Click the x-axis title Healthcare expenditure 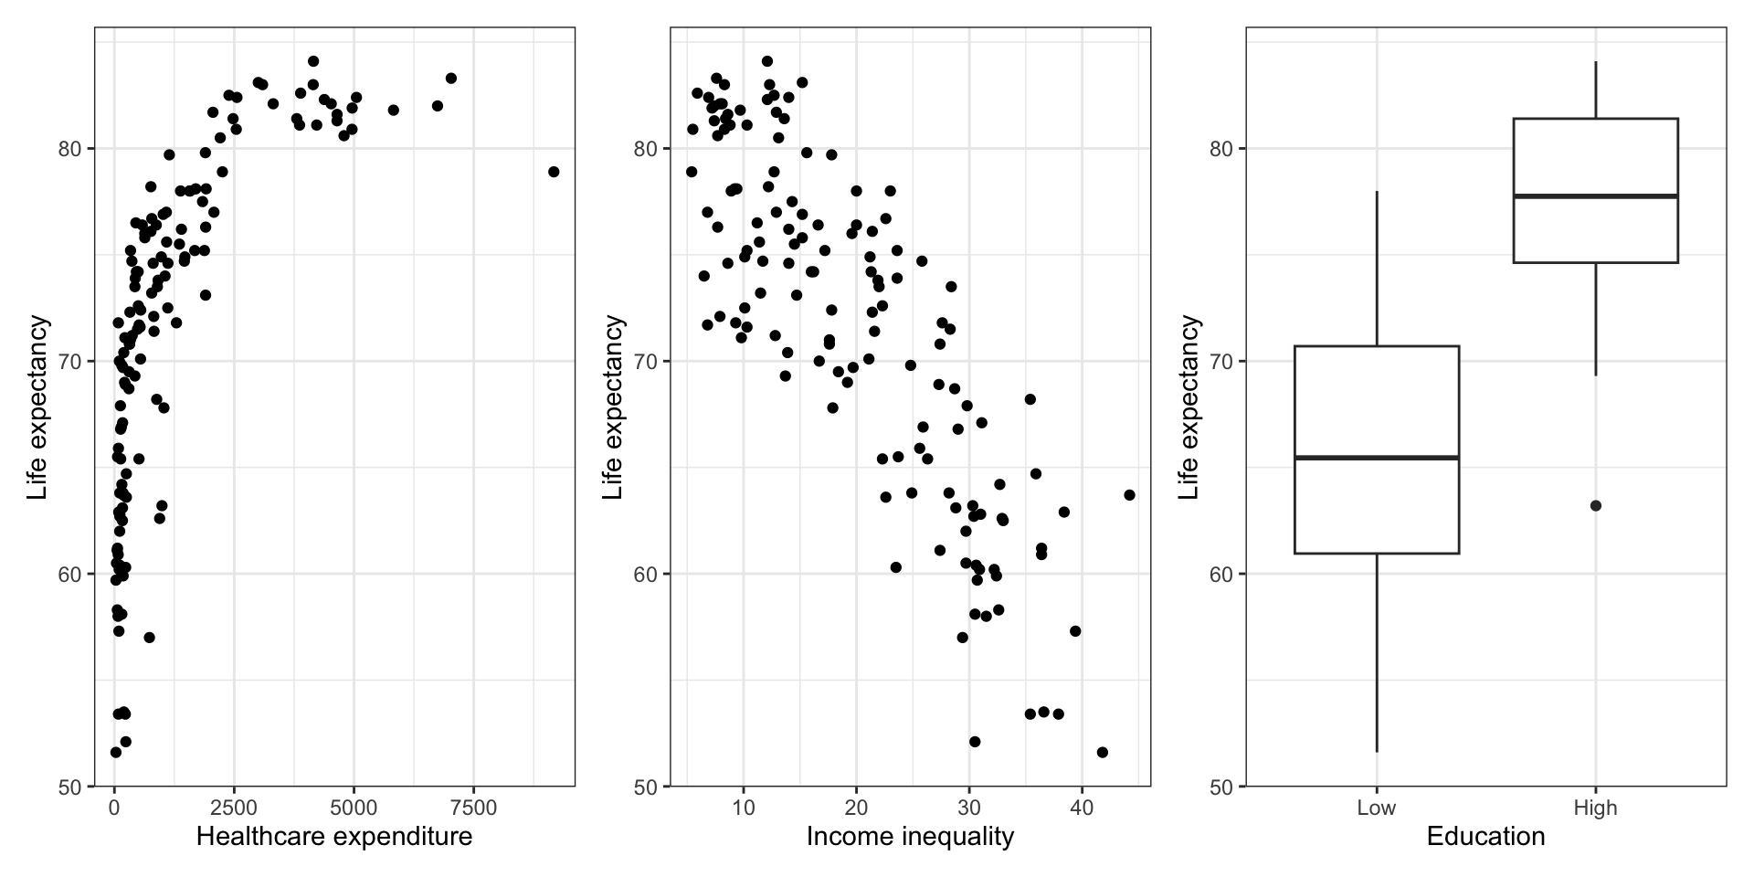[334, 836]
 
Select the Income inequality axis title [910, 836]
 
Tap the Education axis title [1485, 836]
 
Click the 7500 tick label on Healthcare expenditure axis [473, 808]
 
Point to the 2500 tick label [234, 808]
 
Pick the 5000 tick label [354, 808]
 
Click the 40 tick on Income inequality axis [1082, 808]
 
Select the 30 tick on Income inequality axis [969, 808]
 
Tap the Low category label [1376, 808]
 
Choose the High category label [1595, 808]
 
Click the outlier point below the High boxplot [1596, 505]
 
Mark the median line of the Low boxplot [1377, 457]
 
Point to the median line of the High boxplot [1596, 195]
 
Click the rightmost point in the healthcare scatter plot [554, 172]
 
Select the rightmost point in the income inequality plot [1129, 495]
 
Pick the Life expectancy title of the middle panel [613, 407]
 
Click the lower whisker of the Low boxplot [1377, 653]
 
